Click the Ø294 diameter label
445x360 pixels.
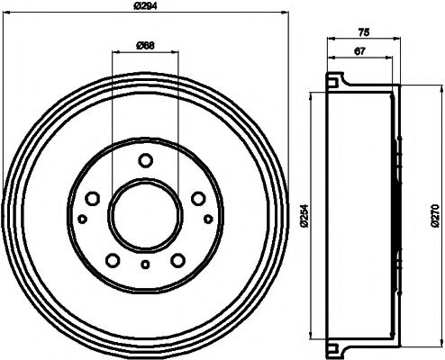click(146, 8)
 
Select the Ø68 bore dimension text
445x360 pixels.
click(146, 45)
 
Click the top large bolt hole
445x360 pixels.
click(145, 161)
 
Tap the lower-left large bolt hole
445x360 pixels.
click(112, 260)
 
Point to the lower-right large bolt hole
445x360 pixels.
click(178, 260)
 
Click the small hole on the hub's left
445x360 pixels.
click(82, 219)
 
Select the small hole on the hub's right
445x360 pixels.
click(208, 219)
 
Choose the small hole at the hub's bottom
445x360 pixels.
click(145, 264)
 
